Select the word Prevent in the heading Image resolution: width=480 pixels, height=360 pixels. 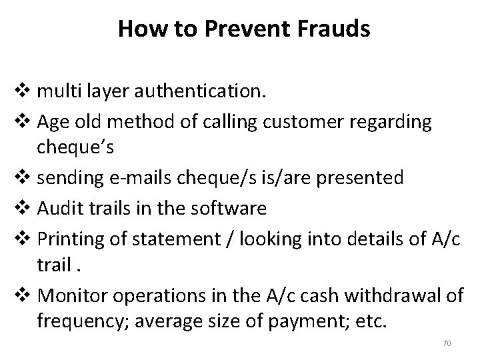tap(237, 29)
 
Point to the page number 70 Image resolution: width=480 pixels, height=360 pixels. tap(447, 343)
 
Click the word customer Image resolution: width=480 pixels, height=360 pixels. tap(307, 122)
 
